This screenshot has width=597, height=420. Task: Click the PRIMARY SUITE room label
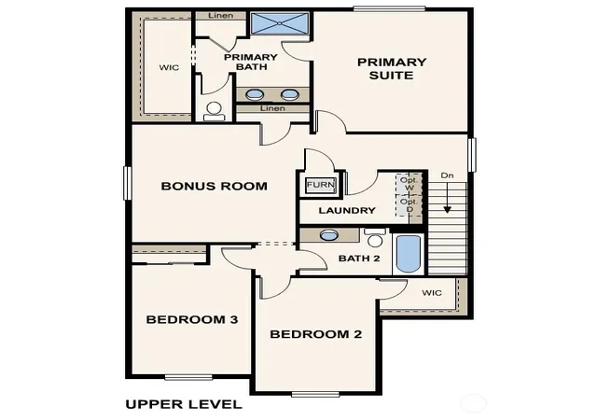coord(392,69)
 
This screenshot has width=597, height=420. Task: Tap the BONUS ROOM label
coord(214,186)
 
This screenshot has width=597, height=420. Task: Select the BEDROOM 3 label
coord(192,319)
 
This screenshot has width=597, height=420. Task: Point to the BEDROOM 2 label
coord(315,334)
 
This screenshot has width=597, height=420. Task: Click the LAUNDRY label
coord(347,210)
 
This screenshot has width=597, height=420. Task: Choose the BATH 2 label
coord(359,259)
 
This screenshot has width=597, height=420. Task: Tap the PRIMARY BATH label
coord(251,62)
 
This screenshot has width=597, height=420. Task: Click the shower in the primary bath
coord(280,24)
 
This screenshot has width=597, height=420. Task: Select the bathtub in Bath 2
coord(409,254)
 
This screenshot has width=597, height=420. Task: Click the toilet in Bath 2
coord(375,238)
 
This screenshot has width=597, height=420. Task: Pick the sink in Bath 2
coord(329,235)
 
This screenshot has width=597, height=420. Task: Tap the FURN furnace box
coord(321,185)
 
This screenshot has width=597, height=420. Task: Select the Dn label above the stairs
coord(448,175)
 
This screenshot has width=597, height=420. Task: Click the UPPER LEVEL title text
coord(184,404)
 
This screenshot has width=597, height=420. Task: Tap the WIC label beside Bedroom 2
coord(432,293)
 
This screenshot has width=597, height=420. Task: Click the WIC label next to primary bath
coord(169,67)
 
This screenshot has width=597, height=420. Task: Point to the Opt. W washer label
coord(410,184)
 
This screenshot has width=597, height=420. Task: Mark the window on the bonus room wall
coord(128,183)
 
